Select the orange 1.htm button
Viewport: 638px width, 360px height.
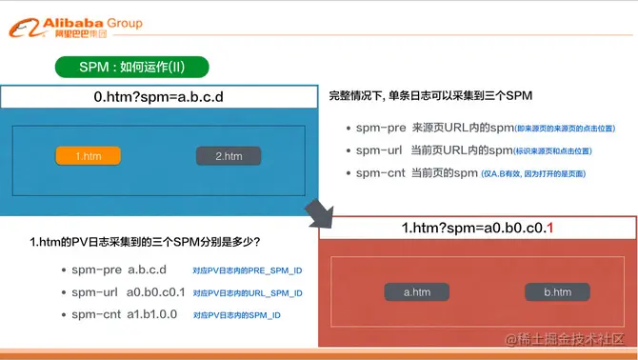pos(89,156)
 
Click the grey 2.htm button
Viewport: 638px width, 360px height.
pos(229,156)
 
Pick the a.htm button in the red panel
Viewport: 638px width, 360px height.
pos(416,292)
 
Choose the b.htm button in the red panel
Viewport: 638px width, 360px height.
pos(557,292)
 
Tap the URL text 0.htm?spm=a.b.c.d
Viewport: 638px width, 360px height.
pos(158,97)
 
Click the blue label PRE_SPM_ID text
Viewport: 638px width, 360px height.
pos(247,270)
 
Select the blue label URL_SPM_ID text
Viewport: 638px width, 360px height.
pos(247,293)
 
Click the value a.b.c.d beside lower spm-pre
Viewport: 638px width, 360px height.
pos(148,270)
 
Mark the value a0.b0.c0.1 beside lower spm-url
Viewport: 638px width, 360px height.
pos(156,292)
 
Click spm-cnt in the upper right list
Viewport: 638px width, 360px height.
pos(379,173)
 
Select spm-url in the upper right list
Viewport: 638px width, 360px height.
pos(379,150)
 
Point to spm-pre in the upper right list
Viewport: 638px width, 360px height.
pos(379,128)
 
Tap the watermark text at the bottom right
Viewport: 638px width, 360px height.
pos(565,340)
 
